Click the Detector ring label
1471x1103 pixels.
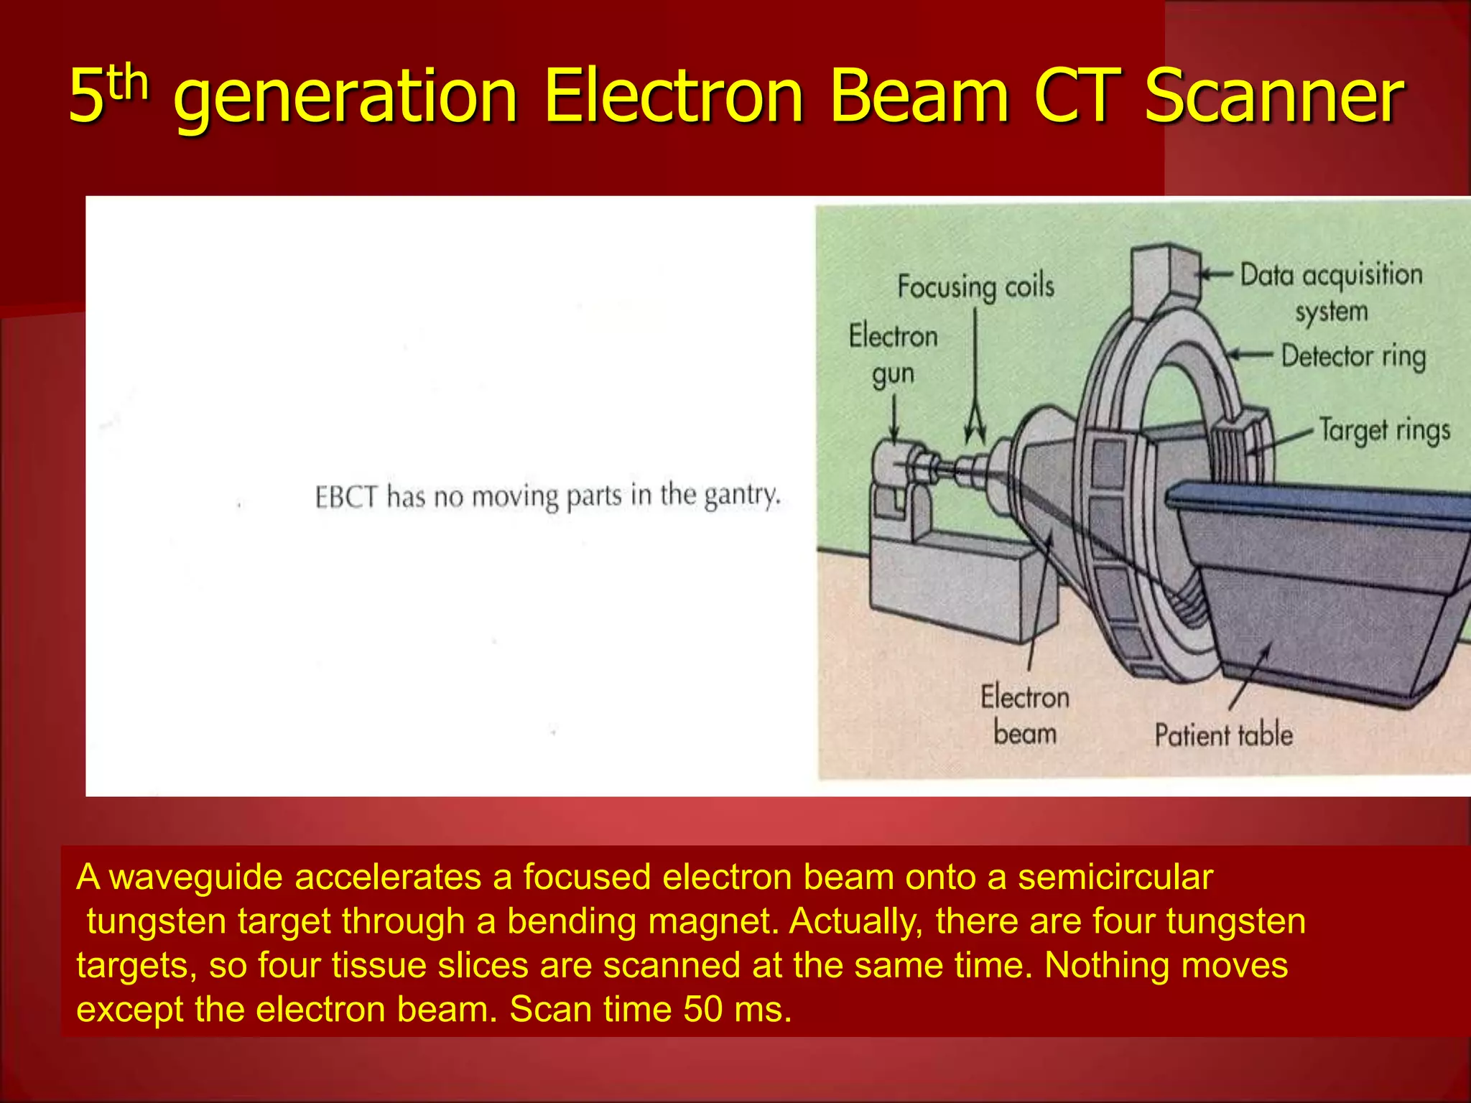[x=1353, y=356]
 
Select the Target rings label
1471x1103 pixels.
[x=1384, y=431]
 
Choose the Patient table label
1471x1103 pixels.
[x=1223, y=735]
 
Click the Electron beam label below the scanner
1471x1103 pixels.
[x=1025, y=715]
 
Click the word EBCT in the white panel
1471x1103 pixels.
[x=345, y=497]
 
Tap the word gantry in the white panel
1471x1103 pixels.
[x=741, y=495]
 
